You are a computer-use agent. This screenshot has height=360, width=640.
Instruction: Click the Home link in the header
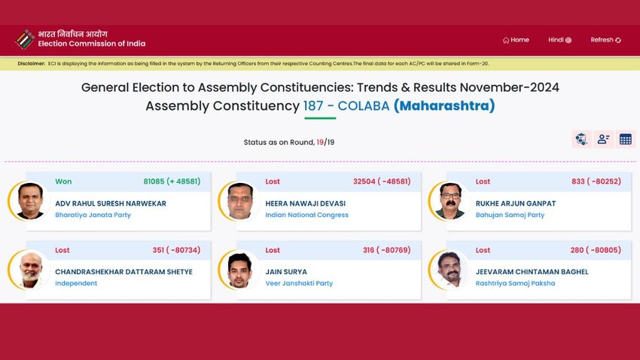516,40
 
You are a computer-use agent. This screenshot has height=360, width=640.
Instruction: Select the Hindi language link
559,40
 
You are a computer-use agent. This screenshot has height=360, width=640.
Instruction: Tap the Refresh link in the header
605,40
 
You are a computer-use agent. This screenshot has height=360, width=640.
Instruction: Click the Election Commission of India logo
25,39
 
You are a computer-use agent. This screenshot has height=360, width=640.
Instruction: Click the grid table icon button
625,139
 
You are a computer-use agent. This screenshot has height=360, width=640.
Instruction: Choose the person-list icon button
604,139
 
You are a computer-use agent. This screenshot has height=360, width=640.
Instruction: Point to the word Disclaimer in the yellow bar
32,64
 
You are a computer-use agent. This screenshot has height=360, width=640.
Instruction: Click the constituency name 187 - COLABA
346,105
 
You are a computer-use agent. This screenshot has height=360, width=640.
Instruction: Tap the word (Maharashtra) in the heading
444,105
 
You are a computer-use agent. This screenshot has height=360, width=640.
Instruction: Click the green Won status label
63,182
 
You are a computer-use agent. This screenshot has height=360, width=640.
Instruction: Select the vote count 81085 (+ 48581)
172,182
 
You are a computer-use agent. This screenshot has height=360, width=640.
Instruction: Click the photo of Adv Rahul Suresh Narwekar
29,201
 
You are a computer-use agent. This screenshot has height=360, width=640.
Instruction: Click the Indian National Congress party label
307,215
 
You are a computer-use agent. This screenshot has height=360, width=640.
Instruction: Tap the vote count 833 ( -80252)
596,182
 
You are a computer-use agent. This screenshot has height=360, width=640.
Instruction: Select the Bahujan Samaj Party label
510,215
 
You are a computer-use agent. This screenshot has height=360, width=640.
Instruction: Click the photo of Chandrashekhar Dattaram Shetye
29,270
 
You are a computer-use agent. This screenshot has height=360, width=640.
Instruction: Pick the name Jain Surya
286,272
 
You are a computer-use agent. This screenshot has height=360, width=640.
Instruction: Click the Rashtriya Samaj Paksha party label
515,283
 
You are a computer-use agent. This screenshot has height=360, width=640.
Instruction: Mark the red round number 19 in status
320,142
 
